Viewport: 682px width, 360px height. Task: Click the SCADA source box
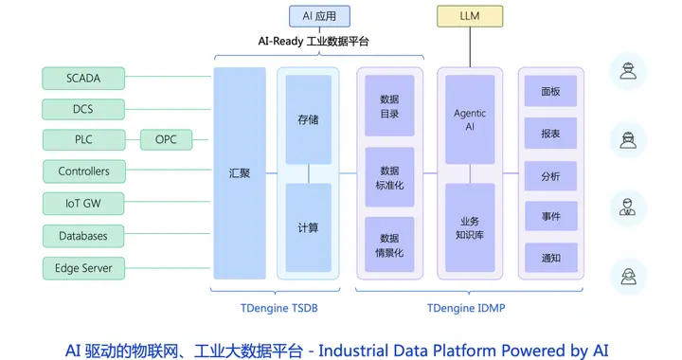(x=83, y=77)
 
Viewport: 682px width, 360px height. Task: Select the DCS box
(x=83, y=109)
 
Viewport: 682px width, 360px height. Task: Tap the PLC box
(x=83, y=140)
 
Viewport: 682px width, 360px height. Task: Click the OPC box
(x=166, y=140)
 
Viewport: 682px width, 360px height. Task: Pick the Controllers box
(x=83, y=171)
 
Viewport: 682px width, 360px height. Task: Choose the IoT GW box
(x=83, y=204)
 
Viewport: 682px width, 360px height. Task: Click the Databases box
(x=83, y=236)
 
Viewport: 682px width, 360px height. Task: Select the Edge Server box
(x=83, y=268)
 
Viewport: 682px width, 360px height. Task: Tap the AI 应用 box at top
(x=319, y=16)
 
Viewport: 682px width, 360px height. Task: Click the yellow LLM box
(x=469, y=16)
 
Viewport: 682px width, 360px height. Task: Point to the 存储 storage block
(x=308, y=120)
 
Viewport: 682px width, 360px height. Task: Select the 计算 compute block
(x=308, y=227)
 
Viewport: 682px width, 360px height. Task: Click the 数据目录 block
(x=389, y=106)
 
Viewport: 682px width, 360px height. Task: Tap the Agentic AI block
(x=470, y=119)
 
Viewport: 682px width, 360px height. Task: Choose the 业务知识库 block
(x=470, y=227)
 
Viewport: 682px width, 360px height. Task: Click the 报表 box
(x=550, y=134)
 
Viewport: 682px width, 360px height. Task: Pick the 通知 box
(x=550, y=258)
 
